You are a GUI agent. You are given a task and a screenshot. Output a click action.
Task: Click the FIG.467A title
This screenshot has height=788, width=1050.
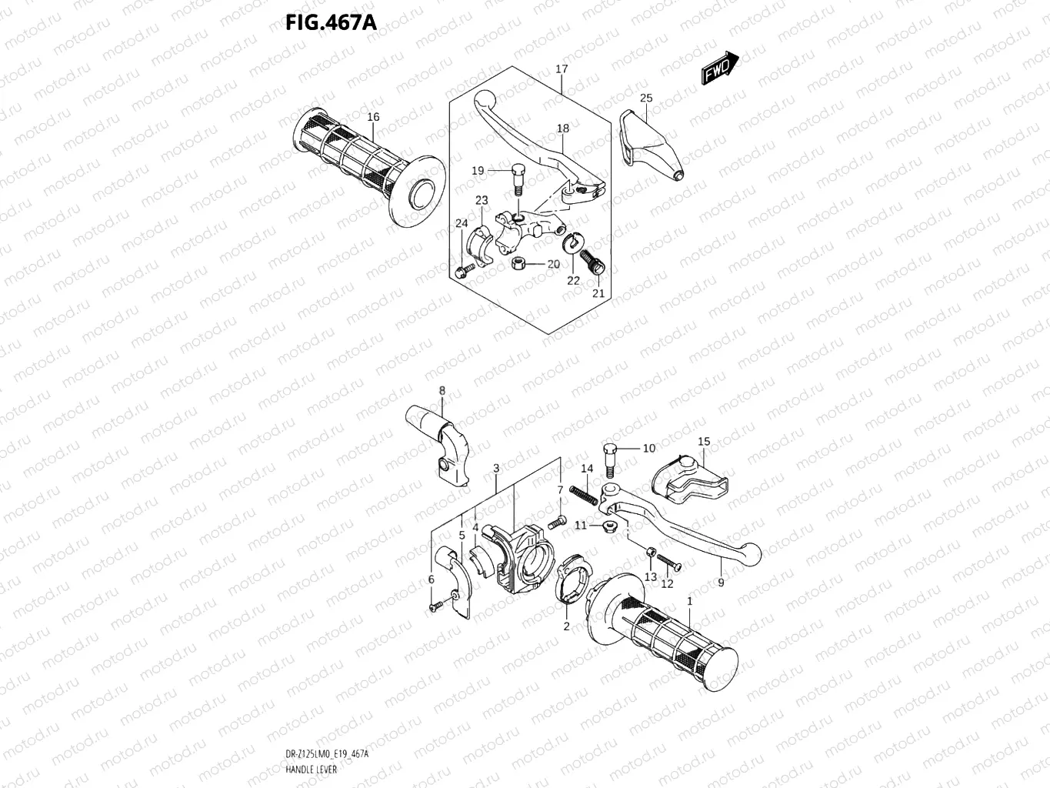[330, 23]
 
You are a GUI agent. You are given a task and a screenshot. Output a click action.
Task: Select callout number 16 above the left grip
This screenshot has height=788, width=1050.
[373, 117]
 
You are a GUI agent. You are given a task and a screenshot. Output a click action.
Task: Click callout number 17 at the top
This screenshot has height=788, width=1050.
[562, 69]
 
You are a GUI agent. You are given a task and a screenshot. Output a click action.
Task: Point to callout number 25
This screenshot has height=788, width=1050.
[646, 98]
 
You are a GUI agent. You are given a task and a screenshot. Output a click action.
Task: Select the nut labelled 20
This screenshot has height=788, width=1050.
[518, 264]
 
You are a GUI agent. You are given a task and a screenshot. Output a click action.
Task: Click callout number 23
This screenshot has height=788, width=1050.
[482, 201]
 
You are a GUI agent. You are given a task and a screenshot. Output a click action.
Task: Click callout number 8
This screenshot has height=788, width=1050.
[442, 391]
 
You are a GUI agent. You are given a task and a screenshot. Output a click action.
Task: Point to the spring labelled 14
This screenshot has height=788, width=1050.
[588, 492]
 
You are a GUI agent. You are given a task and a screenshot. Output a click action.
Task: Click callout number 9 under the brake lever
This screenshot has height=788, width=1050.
[721, 583]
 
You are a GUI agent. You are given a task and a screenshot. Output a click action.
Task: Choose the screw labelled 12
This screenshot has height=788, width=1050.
[670, 566]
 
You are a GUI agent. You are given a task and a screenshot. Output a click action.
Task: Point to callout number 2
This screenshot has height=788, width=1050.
[566, 626]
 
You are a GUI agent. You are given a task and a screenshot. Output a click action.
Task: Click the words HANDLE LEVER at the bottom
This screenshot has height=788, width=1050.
[306, 769]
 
